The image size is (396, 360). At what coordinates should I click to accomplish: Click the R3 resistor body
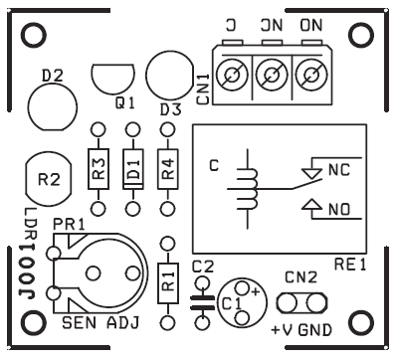[x=98, y=168]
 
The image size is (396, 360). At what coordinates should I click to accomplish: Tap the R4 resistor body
[x=168, y=168]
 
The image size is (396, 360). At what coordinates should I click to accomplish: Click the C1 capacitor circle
[x=238, y=300]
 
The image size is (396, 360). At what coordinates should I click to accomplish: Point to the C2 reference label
[x=202, y=266]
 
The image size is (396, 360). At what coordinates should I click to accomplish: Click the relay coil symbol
[x=245, y=189]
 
